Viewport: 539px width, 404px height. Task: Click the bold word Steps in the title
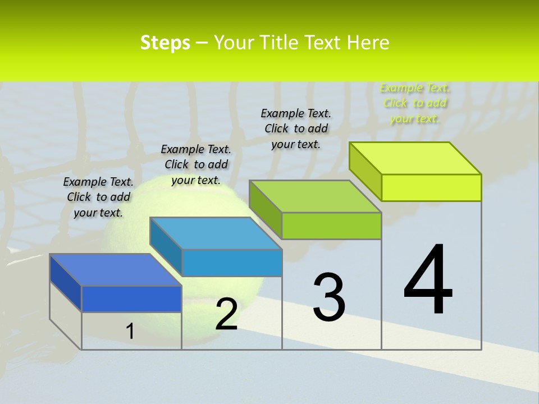(165, 43)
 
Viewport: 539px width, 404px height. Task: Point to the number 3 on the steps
(329, 297)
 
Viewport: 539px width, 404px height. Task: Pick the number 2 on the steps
(226, 314)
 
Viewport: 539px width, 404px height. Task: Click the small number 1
(130, 332)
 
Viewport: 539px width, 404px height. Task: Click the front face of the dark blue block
(131, 299)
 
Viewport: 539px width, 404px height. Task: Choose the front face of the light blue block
(232, 263)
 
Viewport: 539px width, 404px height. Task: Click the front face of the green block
(331, 226)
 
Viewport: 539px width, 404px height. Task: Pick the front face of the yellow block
(431, 187)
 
